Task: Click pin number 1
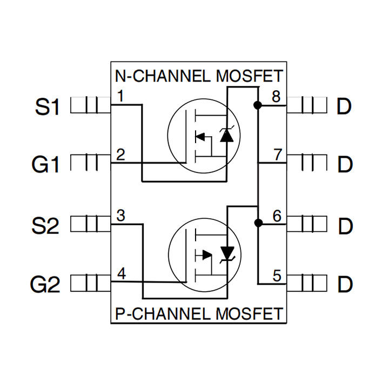coord(120,97)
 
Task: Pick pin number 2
coord(120,155)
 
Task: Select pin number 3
coord(121,216)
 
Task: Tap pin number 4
coord(122,274)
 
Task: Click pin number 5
coord(277,277)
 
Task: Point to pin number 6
coord(277,216)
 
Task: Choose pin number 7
coord(277,156)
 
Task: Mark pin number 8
coord(276,97)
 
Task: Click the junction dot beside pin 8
coord(258,105)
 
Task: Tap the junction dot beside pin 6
coord(258,222)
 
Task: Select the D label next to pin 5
coord(344,284)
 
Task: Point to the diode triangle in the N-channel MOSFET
coord(227,136)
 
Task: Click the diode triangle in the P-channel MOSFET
coord(228,252)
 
